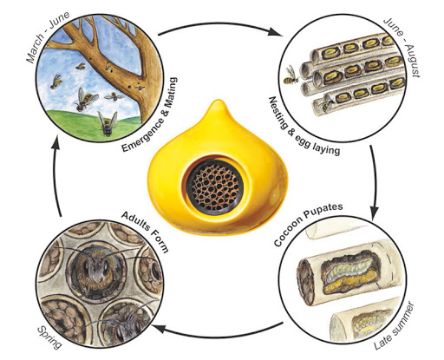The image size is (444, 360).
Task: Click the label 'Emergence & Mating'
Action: (150, 115)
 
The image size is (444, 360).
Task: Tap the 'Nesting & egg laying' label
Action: (303, 128)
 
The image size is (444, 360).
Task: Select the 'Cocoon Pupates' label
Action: (308, 224)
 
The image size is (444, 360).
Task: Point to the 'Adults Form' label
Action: (146, 232)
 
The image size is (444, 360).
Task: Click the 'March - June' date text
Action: (48, 36)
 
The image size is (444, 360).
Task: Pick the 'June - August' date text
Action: (402, 47)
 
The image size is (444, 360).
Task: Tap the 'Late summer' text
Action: (395, 326)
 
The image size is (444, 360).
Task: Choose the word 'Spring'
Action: (49, 337)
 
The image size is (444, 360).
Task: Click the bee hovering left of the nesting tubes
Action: (291, 75)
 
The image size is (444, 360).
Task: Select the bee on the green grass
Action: (108, 124)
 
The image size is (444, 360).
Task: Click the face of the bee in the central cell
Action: (95, 271)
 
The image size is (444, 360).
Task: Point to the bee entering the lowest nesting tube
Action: (327, 106)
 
